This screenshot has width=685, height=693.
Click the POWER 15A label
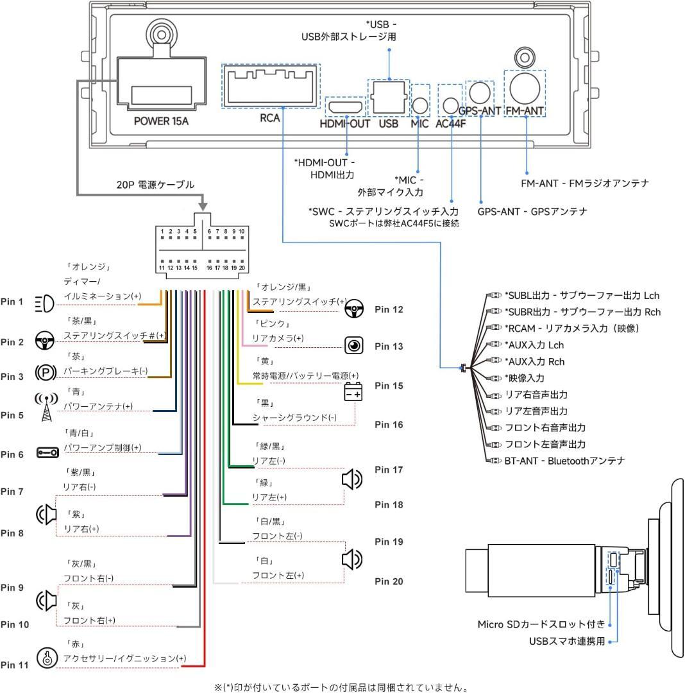tap(161, 120)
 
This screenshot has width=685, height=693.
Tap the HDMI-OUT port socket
tap(345, 106)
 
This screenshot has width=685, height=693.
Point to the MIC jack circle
tap(420, 105)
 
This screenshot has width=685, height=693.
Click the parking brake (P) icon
tap(44, 374)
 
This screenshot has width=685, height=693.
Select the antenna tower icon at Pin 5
tap(46, 407)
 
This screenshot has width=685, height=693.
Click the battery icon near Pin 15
tap(353, 391)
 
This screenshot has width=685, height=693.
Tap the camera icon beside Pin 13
tap(353, 345)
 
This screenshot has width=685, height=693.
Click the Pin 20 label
tap(389, 581)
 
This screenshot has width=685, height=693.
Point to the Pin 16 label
tap(389, 425)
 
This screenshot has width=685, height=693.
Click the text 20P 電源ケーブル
tap(155, 185)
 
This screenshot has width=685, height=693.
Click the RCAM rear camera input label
tap(581, 328)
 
